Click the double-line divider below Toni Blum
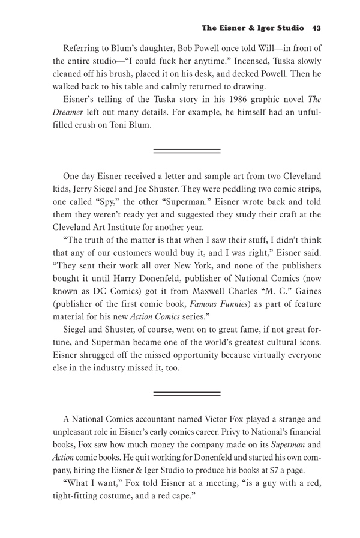(x=187, y=150)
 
